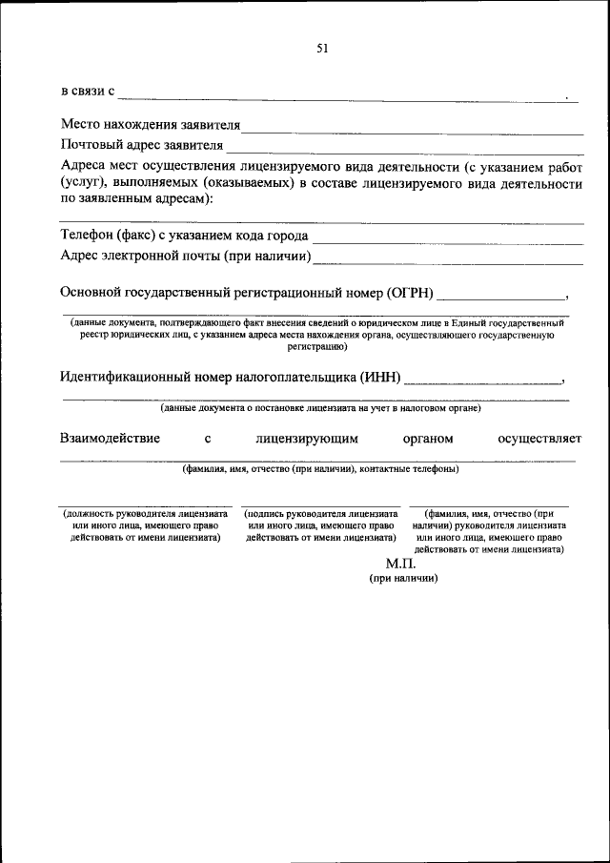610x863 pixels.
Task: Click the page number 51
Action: [x=321, y=50]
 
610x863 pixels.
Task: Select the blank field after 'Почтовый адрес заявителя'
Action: [x=404, y=149]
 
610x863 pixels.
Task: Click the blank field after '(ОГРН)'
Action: [x=500, y=297]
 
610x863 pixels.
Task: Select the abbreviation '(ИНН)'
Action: [x=379, y=377]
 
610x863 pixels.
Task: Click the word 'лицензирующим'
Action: [x=306, y=439]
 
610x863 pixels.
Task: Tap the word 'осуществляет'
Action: [x=539, y=439]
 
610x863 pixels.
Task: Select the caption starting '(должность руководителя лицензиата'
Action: [x=146, y=524]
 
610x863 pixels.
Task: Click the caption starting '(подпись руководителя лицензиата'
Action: [x=320, y=524]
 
